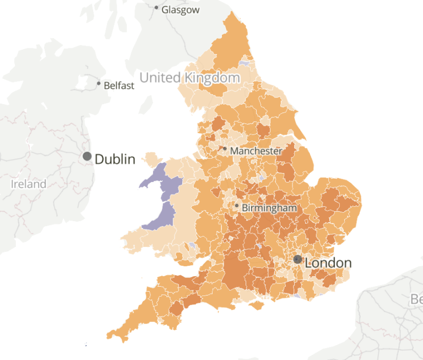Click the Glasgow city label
click(181, 10)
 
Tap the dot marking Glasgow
click(156, 8)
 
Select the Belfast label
click(119, 85)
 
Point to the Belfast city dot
click(99, 84)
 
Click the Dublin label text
click(115, 159)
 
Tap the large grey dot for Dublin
click(87, 157)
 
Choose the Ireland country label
click(29, 184)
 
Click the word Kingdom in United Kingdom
click(212, 77)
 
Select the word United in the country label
click(160, 77)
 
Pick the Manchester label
click(256, 151)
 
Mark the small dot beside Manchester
click(225, 148)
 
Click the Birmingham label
click(269, 208)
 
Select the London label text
click(328, 262)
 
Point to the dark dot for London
click(297, 259)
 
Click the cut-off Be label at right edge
click(416, 299)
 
